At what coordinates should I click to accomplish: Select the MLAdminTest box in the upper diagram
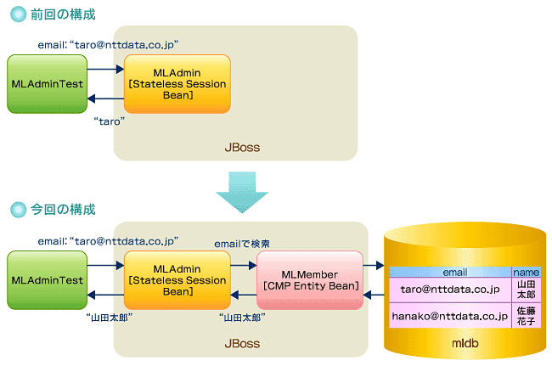click(47, 84)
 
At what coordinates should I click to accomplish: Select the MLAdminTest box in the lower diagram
click(47, 280)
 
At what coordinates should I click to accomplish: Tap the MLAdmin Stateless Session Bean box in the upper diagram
click(177, 84)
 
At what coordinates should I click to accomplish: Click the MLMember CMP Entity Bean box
click(309, 280)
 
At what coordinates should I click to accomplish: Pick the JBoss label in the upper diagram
click(241, 148)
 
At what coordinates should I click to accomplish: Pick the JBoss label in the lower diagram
click(241, 345)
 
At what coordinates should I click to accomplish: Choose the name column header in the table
click(526, 272)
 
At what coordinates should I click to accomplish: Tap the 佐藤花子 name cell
click(526, 316)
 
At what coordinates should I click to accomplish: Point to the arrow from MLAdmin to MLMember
click(243, 266)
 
